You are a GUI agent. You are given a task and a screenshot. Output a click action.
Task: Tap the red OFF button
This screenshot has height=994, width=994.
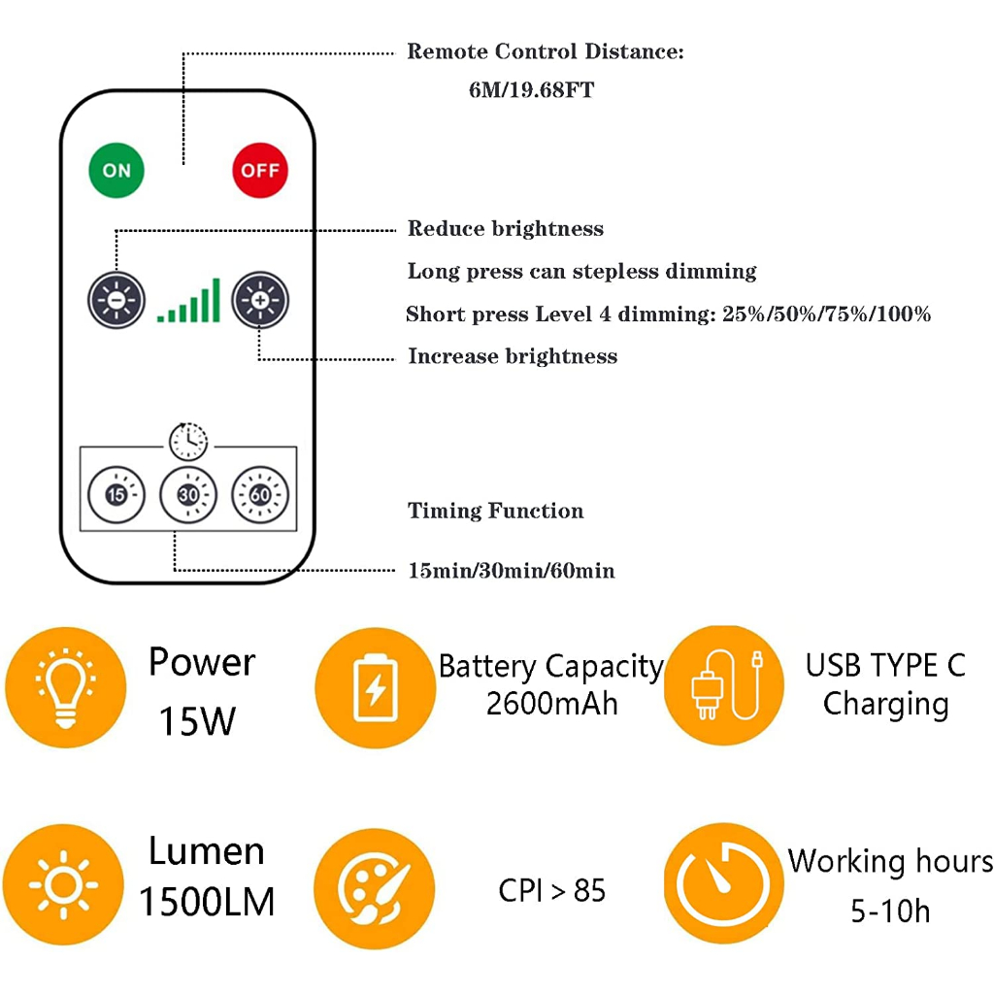click(x=260, y=171)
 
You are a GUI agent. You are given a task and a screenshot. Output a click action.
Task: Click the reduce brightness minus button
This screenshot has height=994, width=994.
click(x=116, y=300)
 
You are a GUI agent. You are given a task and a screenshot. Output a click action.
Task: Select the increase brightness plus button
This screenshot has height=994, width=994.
click(x=260, y=300)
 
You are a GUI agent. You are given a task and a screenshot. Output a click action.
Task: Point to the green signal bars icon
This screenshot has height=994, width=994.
click(x=189, y=302)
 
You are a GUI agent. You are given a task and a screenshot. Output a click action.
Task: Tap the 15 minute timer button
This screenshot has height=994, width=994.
click(x=116, y=495)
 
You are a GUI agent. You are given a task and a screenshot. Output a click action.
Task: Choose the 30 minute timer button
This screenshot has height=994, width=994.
click(x=188, y=495)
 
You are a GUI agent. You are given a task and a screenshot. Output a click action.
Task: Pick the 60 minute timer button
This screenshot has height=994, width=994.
click(x=260, y=495)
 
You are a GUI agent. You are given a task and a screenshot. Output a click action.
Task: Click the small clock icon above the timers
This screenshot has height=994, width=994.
click(x=188, y=442)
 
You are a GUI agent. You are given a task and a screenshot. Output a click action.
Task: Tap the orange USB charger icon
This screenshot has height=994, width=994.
click(x=724, y=685)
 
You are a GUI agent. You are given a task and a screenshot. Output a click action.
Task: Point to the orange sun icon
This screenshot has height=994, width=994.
click(x=63, y=883)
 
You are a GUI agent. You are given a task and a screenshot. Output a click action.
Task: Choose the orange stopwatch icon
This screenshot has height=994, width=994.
click(x=723, y=883)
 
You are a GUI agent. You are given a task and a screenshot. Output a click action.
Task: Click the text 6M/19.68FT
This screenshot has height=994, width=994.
click(x=531, y=91)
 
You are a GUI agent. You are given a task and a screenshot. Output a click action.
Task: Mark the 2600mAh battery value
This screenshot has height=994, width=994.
click(x=551, y=703)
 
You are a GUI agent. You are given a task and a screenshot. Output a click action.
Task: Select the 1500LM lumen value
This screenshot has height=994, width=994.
click(x=207, y=902)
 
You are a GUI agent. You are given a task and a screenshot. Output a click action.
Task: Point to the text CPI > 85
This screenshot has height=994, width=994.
click(x=551, y=890)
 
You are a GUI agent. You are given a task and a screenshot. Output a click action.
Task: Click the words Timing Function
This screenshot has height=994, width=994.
click(x=496, y=512)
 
